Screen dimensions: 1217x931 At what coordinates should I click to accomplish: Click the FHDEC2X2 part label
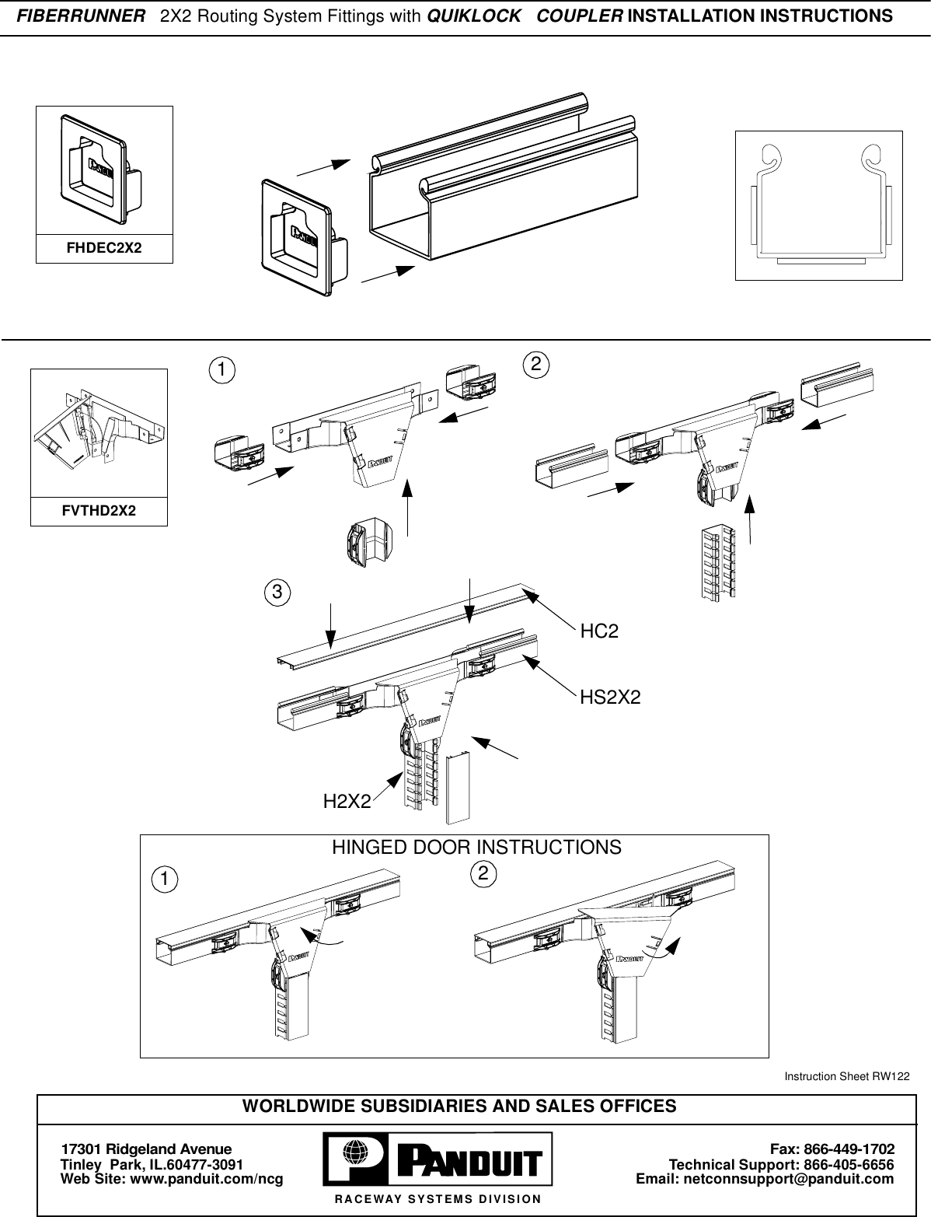[x=104, y=249]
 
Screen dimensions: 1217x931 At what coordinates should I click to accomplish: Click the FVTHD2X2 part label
[x=99, y=511]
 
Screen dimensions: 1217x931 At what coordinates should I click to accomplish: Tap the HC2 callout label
[x=600, y=631]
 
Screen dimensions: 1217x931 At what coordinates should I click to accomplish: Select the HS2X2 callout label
[x=610, y=698]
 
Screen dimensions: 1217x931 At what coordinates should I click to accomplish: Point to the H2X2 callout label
[x=347, y=801]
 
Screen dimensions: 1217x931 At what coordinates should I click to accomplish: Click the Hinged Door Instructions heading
[x=476, y=847]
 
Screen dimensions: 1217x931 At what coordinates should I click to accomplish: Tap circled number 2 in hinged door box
[x=484, y=873]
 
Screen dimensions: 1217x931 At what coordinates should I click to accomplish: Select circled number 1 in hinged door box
[x=163, y=879]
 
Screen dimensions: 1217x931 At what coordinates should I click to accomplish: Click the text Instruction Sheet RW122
[x=846, y=1076]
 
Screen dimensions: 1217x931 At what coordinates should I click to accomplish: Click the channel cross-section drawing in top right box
[x=818, y=205]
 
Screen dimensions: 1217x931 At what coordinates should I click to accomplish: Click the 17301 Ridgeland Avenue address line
[x=147, y=1149]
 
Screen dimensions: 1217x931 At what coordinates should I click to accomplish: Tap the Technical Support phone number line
[x=781, y=1164]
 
